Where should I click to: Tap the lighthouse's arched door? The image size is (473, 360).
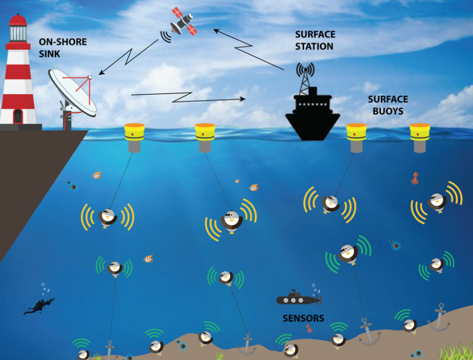click(x=18, y=116)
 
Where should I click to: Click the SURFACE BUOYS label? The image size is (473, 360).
click(x=388, y=105)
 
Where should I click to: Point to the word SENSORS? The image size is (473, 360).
click(x=303, y=318)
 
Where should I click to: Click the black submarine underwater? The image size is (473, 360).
click(x=298, y=299)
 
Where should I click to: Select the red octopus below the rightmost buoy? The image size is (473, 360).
click(x=415, y=178)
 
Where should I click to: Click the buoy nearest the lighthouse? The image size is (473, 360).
click(x=134, y=137)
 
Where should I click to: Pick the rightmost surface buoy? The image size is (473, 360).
click(x=420, y=137)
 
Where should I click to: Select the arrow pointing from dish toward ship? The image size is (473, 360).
click(x=187, y=97)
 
